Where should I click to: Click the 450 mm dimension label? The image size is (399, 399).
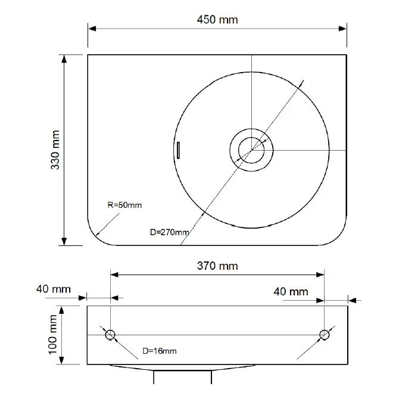click(217, 20)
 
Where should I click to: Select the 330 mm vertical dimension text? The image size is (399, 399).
click(55, 150)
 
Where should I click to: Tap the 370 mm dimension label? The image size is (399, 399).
click(217, 266)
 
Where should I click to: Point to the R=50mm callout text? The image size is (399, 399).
click(124, 205)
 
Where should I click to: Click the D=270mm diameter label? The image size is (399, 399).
click(170, 232)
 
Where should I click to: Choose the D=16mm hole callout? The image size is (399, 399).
click(159, 351)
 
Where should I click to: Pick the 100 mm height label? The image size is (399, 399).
click(52, 335)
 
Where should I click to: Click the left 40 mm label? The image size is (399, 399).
click(54, 289)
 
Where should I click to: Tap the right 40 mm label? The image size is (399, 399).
click(291, 292)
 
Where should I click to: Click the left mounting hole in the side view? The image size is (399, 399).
click(110, 335)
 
